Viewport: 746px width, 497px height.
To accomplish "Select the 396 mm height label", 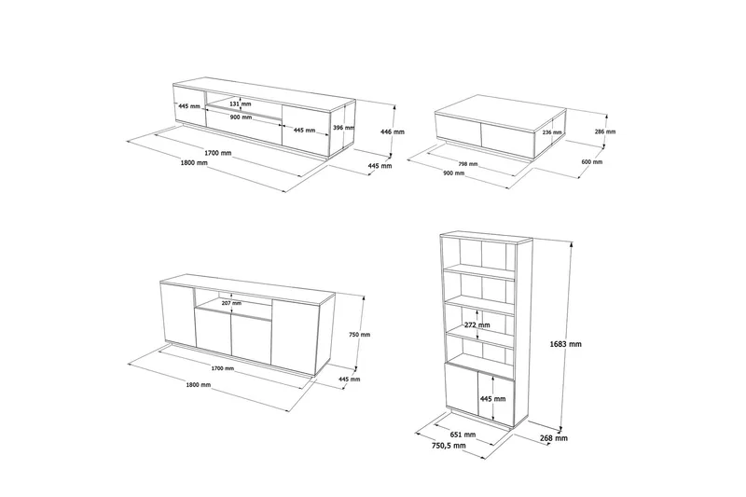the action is point(344,128).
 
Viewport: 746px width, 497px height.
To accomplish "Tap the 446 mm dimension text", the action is point(393,131).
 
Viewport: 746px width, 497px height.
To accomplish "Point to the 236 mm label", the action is point(552,132).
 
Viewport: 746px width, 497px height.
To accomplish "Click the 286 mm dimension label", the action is point(605,131).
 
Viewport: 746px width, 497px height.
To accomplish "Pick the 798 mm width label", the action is point(468,164).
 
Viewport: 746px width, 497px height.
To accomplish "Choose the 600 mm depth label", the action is point(592,161).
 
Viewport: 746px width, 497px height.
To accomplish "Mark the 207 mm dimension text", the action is point(231,303).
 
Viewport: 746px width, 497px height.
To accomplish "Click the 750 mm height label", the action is point(359,335).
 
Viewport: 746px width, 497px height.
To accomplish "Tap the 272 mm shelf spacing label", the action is point(477,324).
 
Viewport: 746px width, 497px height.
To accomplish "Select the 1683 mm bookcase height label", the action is point(565,344).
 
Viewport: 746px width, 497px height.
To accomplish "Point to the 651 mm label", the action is point(463,435).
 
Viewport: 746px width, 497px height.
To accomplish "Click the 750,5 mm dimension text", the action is point(449,446).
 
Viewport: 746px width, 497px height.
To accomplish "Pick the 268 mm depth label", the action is point(555,438).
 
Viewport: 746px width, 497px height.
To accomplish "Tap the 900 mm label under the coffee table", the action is point(454,173).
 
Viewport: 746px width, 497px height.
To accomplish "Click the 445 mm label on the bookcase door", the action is point(493,399).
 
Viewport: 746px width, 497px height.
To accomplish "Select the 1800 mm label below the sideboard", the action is point(199,385).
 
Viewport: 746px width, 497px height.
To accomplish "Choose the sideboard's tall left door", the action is point(178,315).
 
